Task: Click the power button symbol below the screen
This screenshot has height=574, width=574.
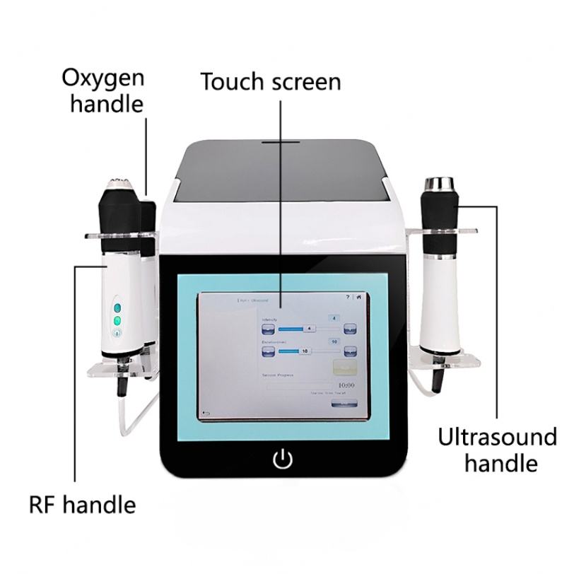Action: click(x=282, y=459)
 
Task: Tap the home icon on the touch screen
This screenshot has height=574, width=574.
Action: click(x=358, y=298)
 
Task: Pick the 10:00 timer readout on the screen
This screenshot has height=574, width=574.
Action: click(x=346, y=386)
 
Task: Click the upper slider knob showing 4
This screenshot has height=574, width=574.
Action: click(x=309, y=329)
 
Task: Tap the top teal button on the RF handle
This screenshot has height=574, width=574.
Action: click(x=118, y=307)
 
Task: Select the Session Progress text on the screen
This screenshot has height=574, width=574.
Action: click(x=276, y=375)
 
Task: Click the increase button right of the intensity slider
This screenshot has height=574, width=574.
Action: click(x=349, y=328)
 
